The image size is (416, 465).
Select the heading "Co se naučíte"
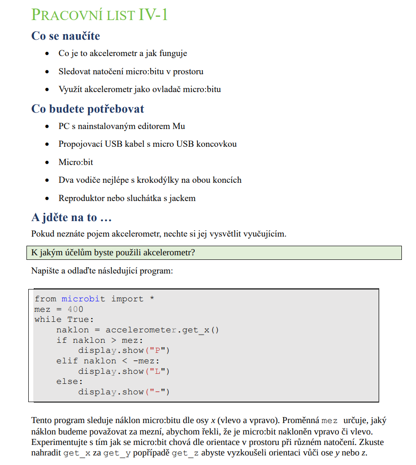tap(66, 36)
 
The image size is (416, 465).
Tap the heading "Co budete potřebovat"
tap(88, 109)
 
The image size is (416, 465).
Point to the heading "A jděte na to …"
tap(72, 217)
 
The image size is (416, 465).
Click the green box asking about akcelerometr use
tap(214, 252)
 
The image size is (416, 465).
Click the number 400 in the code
tap(75, 309)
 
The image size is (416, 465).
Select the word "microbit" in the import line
tap(83, 299)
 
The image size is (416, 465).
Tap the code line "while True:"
tap(64, 319)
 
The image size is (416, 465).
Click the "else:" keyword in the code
tap(69, 381)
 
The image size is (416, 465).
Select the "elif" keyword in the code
tap(67, 361)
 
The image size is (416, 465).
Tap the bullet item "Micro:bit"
tap(76, 162)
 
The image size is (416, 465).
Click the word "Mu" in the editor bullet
tap(179, 126)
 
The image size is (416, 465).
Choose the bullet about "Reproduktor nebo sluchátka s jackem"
tap(127, 198)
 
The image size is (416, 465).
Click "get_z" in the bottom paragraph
tap(185, 453)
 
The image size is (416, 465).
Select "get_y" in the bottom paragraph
tap(117, 453)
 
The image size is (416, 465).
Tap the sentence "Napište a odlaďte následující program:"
tap(102, 270)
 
